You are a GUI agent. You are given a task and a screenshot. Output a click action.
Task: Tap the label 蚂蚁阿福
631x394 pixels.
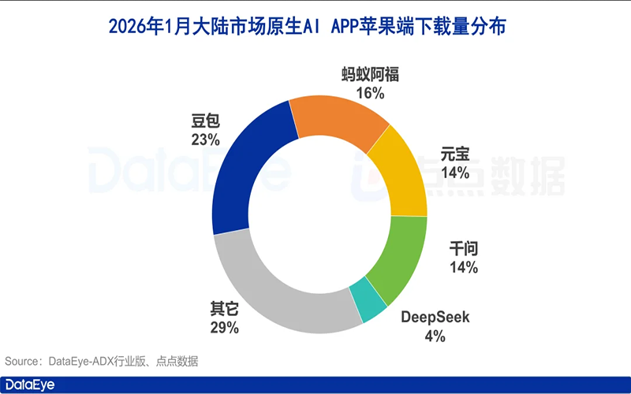tap(371, 75)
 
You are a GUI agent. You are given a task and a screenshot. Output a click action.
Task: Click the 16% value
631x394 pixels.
tap(371, 94)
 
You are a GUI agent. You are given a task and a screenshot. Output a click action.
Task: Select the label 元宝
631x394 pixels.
tap(457, 154)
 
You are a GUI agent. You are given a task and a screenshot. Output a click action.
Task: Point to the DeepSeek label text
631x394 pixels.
tap(435, 318)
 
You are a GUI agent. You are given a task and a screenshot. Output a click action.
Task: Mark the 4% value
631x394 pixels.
tap(435, 336)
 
